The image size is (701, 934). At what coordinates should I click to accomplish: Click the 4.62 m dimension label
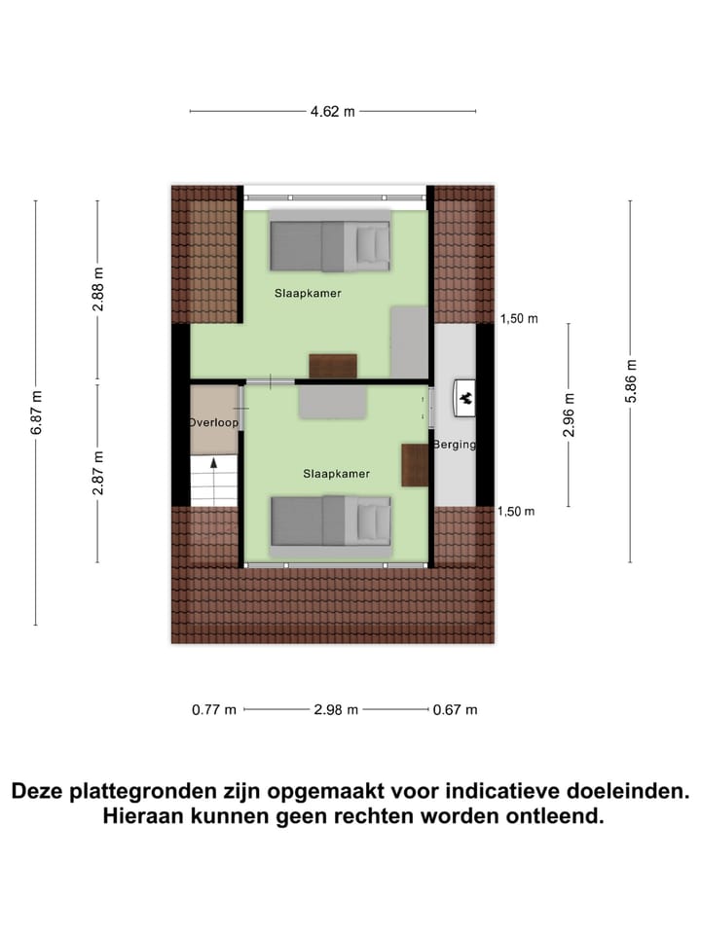click(332, 112)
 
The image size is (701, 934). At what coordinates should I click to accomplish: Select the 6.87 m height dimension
click(36, 413)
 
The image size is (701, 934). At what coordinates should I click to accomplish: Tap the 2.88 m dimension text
click(97, 289)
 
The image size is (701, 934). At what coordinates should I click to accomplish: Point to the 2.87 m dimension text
click(97, 473)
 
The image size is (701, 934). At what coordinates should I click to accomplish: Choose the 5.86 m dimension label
click(630, 380)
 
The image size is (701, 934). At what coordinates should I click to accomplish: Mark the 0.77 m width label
click(214, 710)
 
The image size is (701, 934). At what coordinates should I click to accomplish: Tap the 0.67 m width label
click(456, 710)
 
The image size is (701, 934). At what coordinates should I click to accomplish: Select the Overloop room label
click(213, 423)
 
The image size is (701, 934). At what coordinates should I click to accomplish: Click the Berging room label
click(456, 445)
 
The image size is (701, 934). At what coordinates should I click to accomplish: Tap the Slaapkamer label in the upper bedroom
click(307, 292)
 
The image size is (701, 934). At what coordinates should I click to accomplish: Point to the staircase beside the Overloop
click(214, 482)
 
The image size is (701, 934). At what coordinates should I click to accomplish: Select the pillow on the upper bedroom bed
click(370, 243)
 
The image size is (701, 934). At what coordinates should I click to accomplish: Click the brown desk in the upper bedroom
click(333, 366)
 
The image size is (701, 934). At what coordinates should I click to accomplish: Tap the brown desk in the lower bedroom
click(415, 465)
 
